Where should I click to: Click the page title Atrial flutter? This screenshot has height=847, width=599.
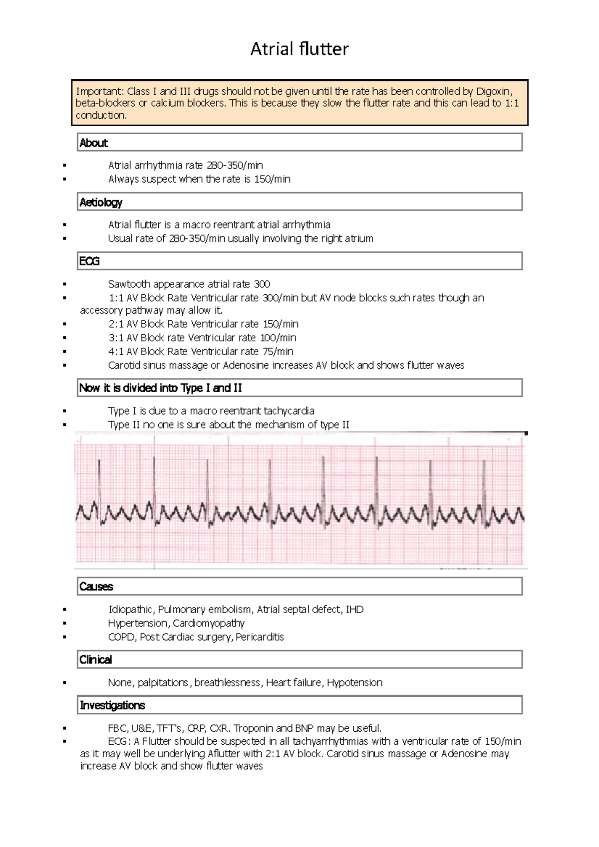(299, 49)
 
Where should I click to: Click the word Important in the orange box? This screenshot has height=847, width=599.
(99, 91)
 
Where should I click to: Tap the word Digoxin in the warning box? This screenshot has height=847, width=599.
(494, 91)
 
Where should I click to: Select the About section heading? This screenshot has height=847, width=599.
(94, 143)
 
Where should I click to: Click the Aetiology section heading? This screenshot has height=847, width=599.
(101, 203)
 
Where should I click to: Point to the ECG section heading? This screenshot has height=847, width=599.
(89, 261)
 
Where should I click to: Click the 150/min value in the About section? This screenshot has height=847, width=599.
(272, 179)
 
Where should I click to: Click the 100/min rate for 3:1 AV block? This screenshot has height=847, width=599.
(278, 338)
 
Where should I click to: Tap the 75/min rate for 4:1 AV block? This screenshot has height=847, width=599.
(278, 352)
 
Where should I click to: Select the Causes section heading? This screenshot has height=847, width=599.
(96, 587)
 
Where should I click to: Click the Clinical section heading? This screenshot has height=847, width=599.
(96, 660)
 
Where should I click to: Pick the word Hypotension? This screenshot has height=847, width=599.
(355, 682)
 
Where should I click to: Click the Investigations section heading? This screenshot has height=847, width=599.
(112, 705)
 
